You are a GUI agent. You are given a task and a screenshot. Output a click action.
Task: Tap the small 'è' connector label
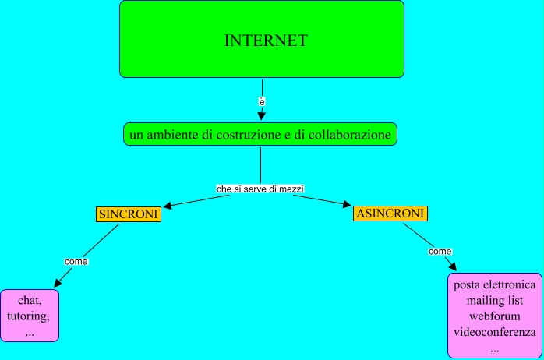[x=262, y=101]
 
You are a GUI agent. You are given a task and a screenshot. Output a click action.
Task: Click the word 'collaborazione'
[x=351, y=135]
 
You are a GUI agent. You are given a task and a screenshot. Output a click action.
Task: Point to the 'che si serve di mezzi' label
[x=260, y=189]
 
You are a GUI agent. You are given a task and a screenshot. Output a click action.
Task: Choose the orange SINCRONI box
[x=128, y=214]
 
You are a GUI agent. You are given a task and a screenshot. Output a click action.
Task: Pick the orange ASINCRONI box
[x=390, y=214]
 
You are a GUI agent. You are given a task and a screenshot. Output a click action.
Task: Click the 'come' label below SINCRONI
[x=76, y=261]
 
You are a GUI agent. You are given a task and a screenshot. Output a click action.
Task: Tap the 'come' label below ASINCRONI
[x=440, y=251]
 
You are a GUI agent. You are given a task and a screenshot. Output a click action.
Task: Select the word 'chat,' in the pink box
[x=30, y=301]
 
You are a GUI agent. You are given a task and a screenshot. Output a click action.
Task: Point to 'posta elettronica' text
[x=494, y=285]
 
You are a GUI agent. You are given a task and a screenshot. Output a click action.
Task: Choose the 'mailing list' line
[x=494, y=301]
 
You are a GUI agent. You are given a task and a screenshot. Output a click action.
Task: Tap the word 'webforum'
[x=494, y=316]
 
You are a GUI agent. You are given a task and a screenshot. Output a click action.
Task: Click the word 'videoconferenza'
[x=494, y=333]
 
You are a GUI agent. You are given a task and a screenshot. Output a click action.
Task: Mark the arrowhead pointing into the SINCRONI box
[x=165, y=206]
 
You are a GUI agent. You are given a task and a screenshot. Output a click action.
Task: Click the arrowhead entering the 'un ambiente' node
[x=262, y=118]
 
